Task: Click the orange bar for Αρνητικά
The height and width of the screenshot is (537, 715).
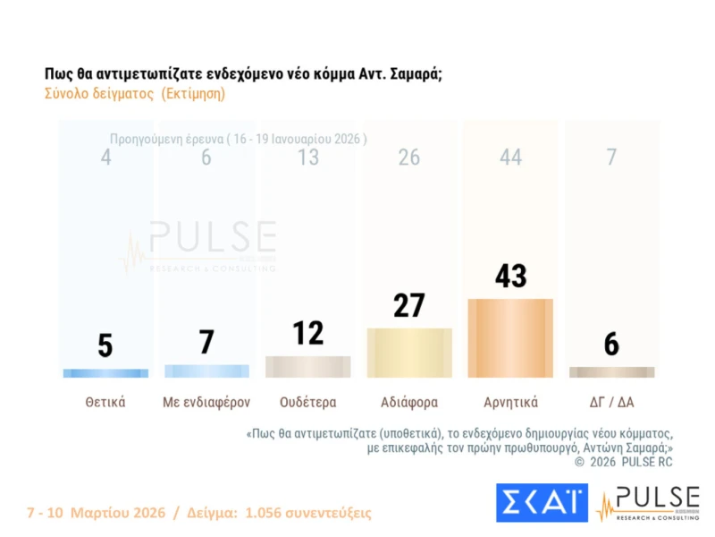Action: coord(510,337)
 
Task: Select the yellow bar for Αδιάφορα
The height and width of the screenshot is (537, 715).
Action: coord(409,353)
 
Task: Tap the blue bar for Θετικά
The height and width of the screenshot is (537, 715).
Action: coord(105,372)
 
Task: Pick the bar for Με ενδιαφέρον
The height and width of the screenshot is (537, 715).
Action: coord(206,371)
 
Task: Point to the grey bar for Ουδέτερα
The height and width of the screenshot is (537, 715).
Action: coord(308,367)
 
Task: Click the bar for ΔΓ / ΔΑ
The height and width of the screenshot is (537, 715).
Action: coord(611,371)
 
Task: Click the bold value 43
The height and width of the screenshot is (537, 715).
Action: coord(510,277)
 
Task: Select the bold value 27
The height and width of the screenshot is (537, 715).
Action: coord(409,306)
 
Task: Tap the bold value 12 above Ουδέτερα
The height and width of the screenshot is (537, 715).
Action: coord(308,333)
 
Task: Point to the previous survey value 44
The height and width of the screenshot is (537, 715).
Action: coord(510,158)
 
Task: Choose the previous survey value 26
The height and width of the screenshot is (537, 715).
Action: coord(409,158)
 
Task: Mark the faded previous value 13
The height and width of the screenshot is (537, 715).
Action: coord(308,158)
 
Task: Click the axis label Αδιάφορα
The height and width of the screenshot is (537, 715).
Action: coord(409,402)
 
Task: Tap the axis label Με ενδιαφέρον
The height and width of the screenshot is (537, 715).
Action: coord(206,402)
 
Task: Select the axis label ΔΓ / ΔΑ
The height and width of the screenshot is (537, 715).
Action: coord(611,402)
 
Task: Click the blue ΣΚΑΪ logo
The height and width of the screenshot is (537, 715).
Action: coord(542,502)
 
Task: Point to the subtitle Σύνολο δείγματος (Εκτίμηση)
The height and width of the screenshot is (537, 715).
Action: coord(134,93)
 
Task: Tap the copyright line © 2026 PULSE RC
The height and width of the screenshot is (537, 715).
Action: coord(623,462)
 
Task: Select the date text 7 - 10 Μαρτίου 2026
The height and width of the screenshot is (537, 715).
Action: coord(97,513)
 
